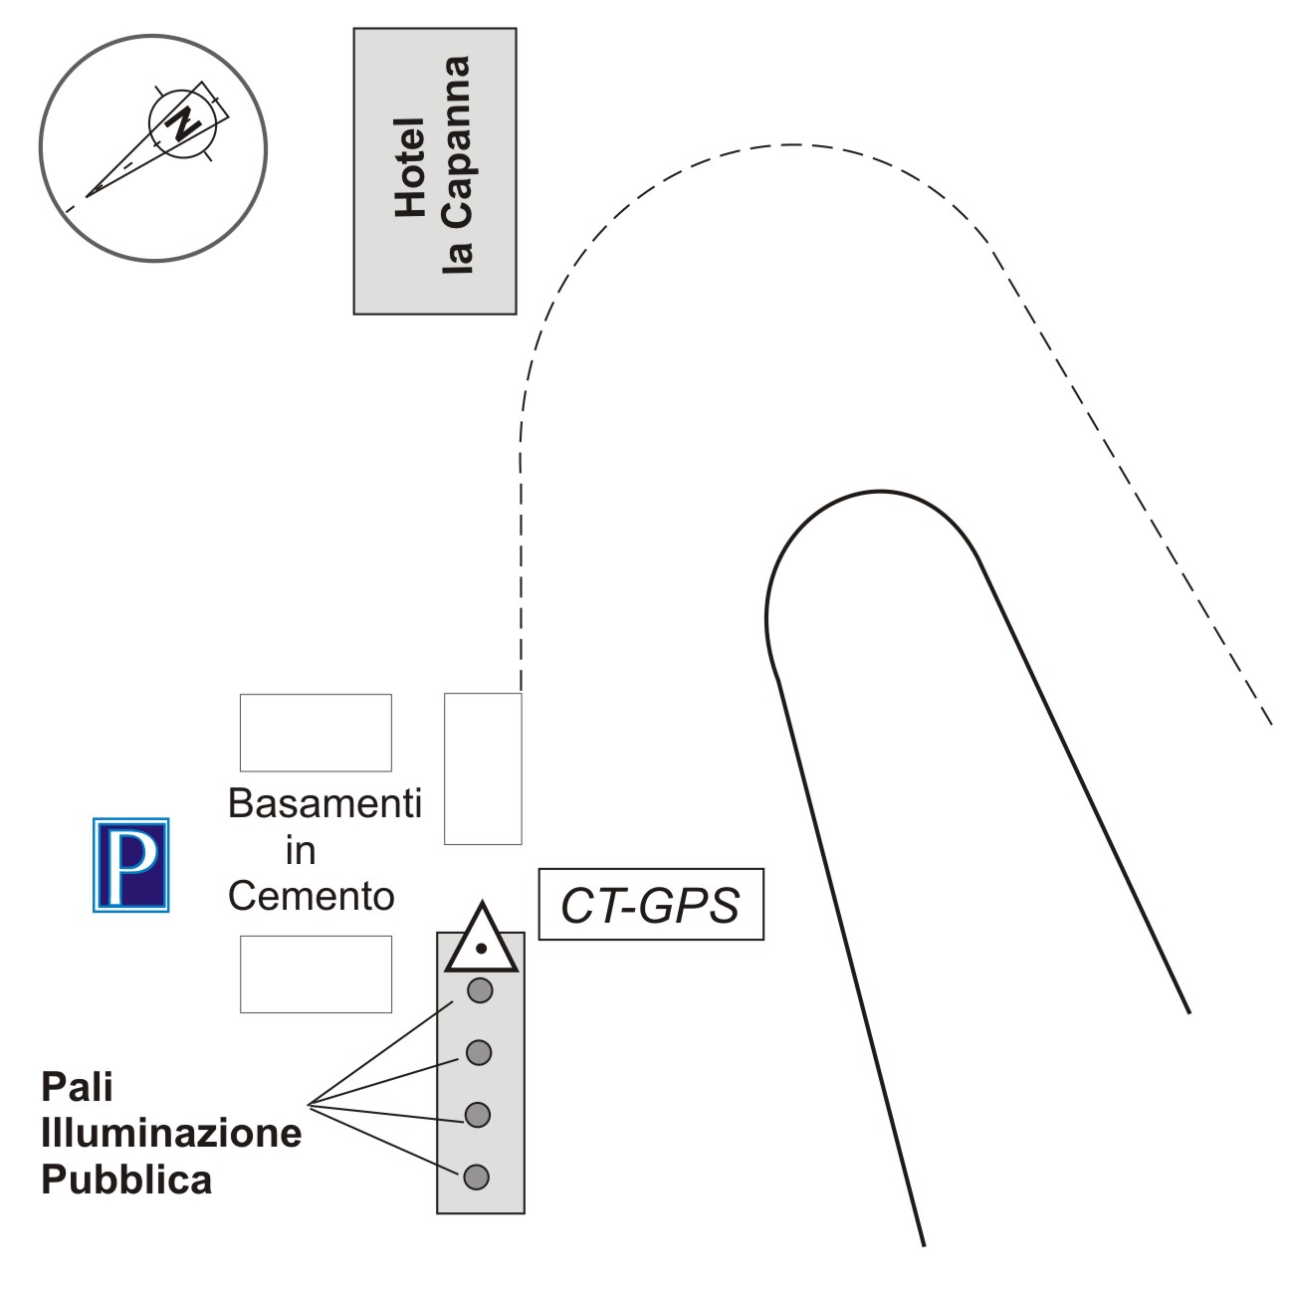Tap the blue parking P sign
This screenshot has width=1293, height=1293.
point(130,865)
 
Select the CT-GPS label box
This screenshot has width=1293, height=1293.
point(651,904)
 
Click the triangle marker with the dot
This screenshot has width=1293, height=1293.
point(482,942)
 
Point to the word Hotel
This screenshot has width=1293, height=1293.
point(409,167)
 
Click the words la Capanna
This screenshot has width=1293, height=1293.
point(457,165)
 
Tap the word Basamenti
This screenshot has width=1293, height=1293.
point(324,803)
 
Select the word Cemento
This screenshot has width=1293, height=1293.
point(311,897)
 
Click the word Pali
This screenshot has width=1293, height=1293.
point(77,1087)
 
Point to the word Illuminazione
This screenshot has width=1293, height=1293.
point(171,1133)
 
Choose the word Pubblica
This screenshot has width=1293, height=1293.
point(126,1180)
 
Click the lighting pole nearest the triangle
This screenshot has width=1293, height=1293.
point(481,990)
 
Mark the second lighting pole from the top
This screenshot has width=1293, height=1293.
point(479,1052)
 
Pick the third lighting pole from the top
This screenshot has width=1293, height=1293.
point(478,1115)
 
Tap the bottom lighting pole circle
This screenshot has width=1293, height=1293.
point(477,1177)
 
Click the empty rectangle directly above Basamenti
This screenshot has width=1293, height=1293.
point(316,733)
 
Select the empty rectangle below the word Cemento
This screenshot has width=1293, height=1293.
point(316,974)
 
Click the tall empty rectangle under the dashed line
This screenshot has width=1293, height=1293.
point(483,768)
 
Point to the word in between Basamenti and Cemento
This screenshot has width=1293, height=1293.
point(301,851)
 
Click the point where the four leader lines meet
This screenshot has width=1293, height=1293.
point(310,1103)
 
